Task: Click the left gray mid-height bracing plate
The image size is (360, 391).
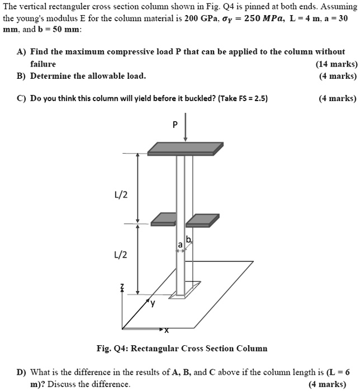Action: point(164,219)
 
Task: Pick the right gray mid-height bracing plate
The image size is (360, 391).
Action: point(202,220)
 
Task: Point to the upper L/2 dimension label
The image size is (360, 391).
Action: point(121,195)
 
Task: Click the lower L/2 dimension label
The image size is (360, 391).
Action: point(121,255)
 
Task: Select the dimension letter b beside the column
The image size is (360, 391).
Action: point(188,240)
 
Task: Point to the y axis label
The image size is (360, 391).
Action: point(151,303)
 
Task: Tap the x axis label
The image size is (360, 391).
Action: point(166,330)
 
